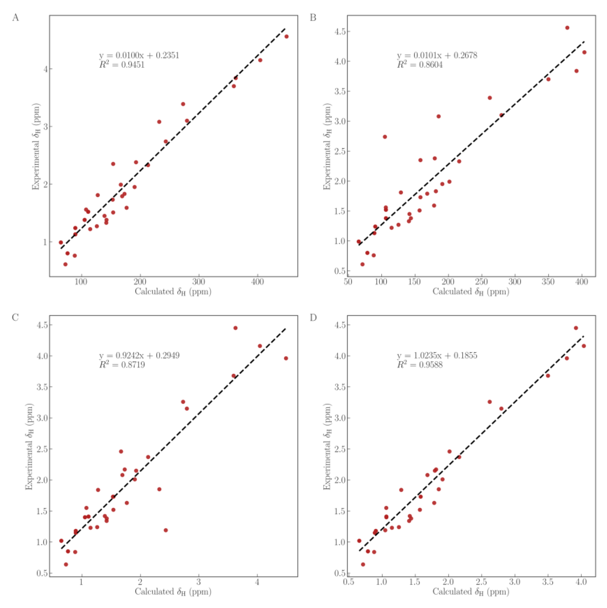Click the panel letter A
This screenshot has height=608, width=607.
point(15,18)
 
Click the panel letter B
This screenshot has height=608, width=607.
point(313,18)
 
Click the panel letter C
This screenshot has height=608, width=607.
point(15,317)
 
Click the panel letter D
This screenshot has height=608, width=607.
point(313,317)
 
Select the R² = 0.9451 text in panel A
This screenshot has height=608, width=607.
point(122,65)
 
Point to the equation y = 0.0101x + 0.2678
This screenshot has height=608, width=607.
point(437,55)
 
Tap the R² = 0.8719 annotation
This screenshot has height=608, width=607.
point(122,365)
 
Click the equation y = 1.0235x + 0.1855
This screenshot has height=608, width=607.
point(437,355)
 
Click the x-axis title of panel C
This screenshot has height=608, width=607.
point(173,592)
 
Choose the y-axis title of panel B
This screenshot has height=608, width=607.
point(327,146)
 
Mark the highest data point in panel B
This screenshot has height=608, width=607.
point(567,28)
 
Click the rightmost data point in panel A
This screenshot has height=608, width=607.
point(286,37)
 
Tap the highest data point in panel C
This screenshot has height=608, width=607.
point(235,328)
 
